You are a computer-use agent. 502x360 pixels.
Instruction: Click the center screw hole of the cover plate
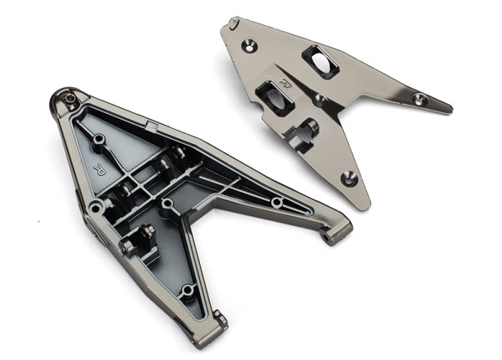click(x=321, y=100)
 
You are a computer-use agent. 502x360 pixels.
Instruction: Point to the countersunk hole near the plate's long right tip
click(x=420, y=100)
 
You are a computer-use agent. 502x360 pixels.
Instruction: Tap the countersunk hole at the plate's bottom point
click(x=350, y=177)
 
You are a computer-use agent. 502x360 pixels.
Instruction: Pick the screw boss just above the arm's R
click(x=100, y=137)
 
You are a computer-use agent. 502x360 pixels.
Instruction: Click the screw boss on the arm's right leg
click(x=276, y=203)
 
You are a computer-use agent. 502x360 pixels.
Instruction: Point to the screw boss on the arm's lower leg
click(x=188, y=290)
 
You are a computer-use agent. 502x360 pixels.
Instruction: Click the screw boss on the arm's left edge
click(x=97, y=206)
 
